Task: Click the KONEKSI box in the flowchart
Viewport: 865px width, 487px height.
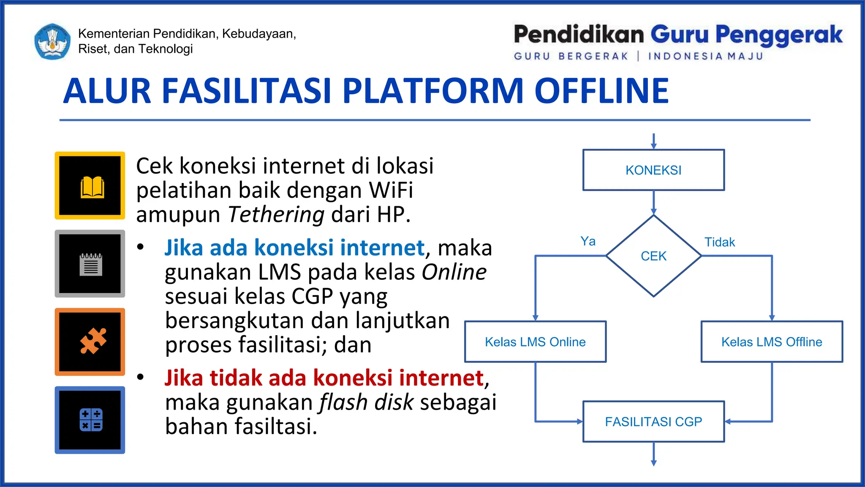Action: tap(653, 170)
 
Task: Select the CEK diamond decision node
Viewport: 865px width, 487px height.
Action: tap(653, 256)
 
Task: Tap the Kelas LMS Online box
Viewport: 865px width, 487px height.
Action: tap(535, 342)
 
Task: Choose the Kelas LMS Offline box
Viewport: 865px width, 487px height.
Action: tap(772, 342)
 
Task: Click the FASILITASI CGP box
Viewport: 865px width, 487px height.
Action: tap(653, 421)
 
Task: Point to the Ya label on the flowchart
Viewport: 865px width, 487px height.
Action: tap(588, 241)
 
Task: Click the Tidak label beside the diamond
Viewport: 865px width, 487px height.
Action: tap(719, 242)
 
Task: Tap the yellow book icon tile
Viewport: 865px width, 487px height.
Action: tap(90, 186)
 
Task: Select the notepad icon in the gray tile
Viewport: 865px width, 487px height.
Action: tap(90, 264)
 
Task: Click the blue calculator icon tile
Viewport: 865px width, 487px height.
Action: tap(90, 420)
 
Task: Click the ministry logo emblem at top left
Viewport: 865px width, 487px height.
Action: tap(52, 41)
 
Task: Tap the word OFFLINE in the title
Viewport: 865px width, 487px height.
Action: tap(601, 91)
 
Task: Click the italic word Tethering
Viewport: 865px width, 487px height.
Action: tap(276, 214)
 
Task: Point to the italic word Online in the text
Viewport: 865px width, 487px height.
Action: tap(454, 272)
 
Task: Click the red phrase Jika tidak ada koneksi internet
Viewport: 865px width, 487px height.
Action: tap(324, 378)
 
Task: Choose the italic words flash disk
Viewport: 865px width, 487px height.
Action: tap(366, 402)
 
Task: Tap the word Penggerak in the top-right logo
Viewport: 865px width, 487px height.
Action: tap(779, 35)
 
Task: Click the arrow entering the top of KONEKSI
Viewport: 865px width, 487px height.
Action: tap(653, 141)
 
